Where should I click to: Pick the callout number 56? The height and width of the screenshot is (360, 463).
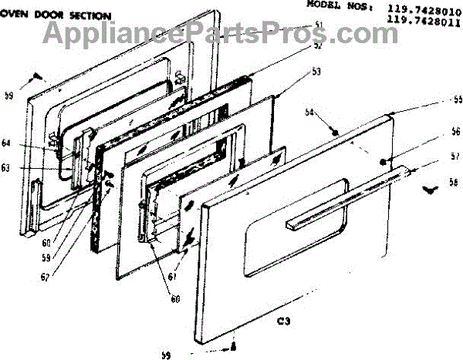click(x=435, y=131)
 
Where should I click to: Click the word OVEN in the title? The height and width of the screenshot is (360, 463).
click(x=15, y=15)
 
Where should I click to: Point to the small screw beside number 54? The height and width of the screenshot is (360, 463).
click(x=336, y=133)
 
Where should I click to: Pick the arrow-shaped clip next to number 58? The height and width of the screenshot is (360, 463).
click(x=428, y=187)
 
